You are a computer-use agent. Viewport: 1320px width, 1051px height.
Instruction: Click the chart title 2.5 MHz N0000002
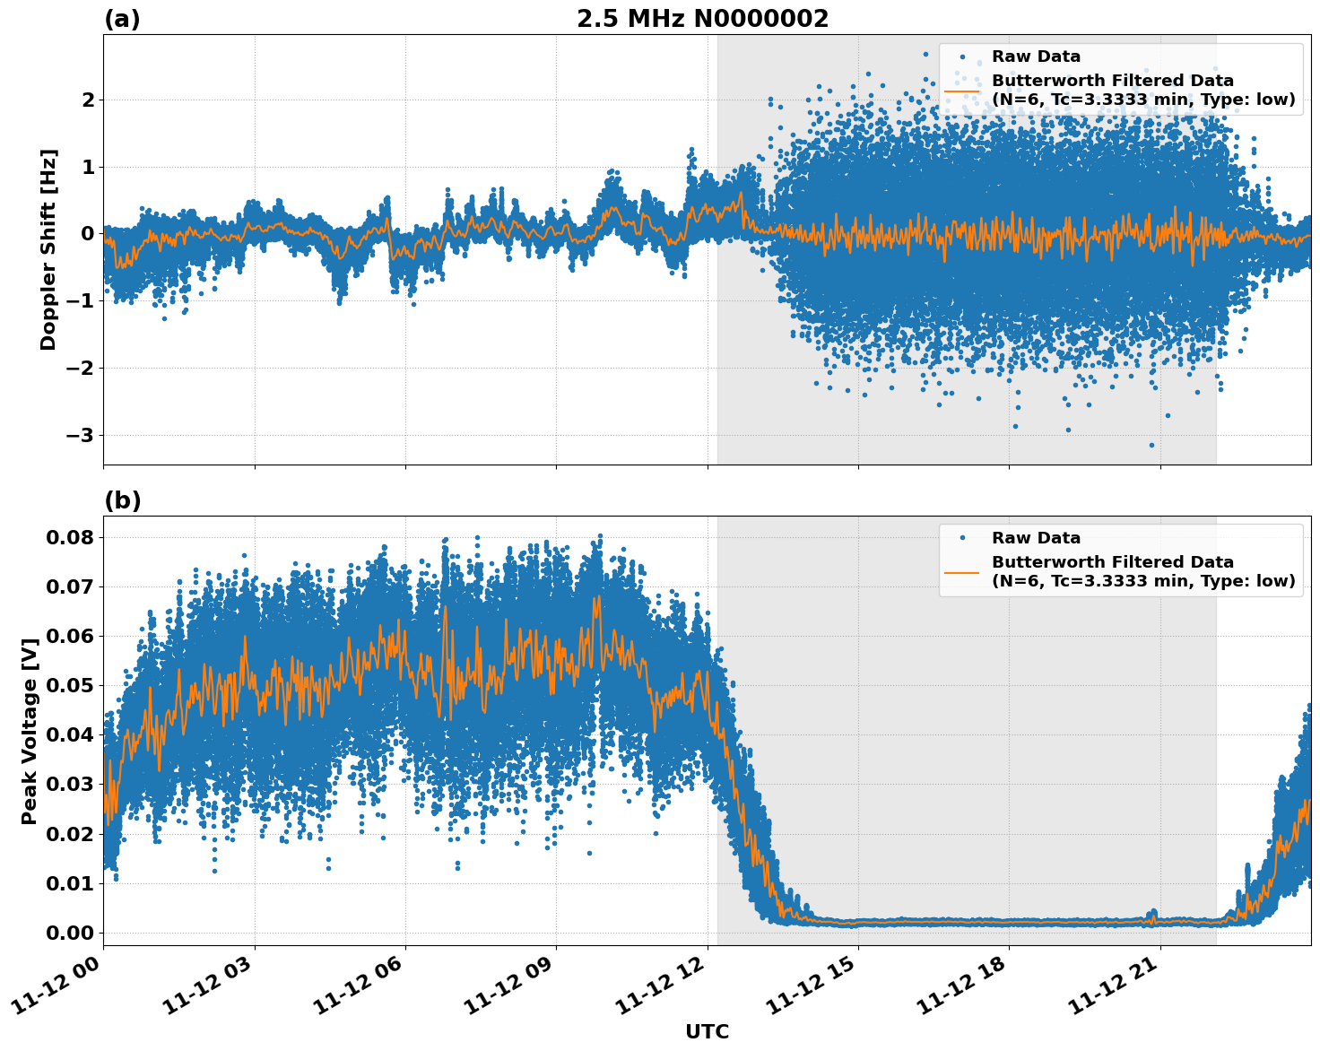click(x=702, y=19)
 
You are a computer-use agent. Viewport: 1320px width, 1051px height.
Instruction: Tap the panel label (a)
click(x=122, y=19)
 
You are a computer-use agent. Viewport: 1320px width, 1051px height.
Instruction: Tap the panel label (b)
click(x=122, y=500)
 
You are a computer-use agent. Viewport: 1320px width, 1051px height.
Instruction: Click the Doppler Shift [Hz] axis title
click(x=48, y=249)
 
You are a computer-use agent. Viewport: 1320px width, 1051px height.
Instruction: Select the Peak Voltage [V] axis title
click(x=30, y=731)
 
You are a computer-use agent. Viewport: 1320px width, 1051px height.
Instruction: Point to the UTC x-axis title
click(x=707, y=1031)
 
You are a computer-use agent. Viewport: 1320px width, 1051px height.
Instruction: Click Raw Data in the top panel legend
click(x=1036, y=56)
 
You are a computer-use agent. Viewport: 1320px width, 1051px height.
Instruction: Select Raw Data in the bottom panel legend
click(x=1036, y=538)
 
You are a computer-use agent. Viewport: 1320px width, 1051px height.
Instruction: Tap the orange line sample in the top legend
click(x=961, y=91)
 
